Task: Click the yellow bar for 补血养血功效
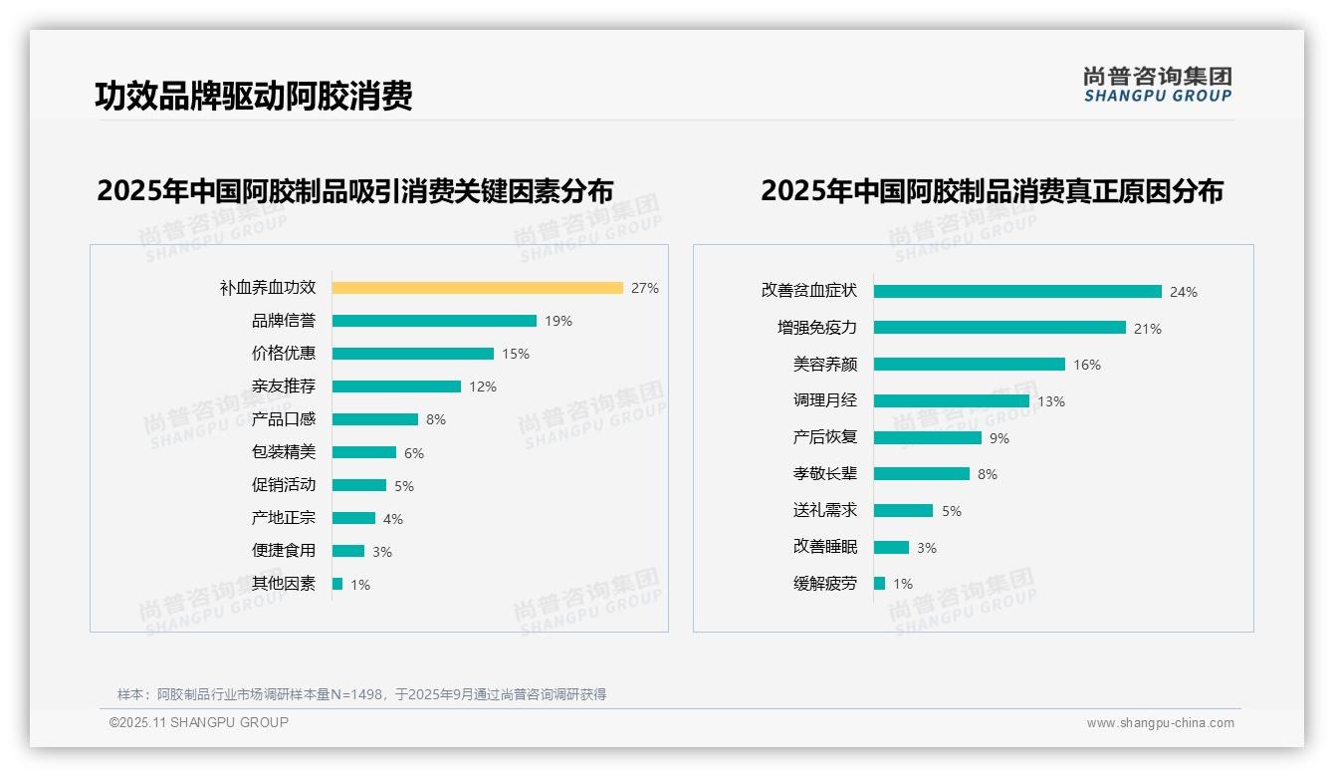pos(477,288)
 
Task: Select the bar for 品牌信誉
pos(434,321)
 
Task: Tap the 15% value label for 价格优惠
pos(516,354)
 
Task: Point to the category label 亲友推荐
pos(284,387)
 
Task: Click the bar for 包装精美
pos(364,452)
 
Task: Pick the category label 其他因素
pos(284,584)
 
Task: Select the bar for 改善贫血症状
pos(1017,292)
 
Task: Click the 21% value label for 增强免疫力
pos(1148,329)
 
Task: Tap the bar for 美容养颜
pos(970,365)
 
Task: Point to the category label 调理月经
pos(825,400)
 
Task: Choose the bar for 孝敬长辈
pos(922,474)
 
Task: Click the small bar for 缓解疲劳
pos(880,584)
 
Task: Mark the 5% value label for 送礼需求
pos(952,511)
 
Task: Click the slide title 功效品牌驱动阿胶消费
pos(254,96)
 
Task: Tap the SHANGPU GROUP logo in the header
pos(1158,85)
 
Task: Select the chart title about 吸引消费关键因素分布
pos(355,190)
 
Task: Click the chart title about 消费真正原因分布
pos(992,190)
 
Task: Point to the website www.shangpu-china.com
pos(1160,723)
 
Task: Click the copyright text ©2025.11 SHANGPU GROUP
pos(199,722)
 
